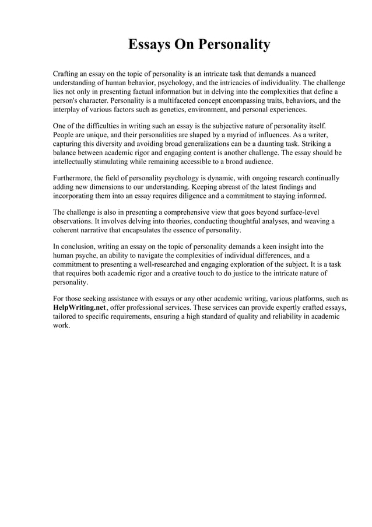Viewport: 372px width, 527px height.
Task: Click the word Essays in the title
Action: [148, 45]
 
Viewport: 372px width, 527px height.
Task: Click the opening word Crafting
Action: [68, 74]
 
